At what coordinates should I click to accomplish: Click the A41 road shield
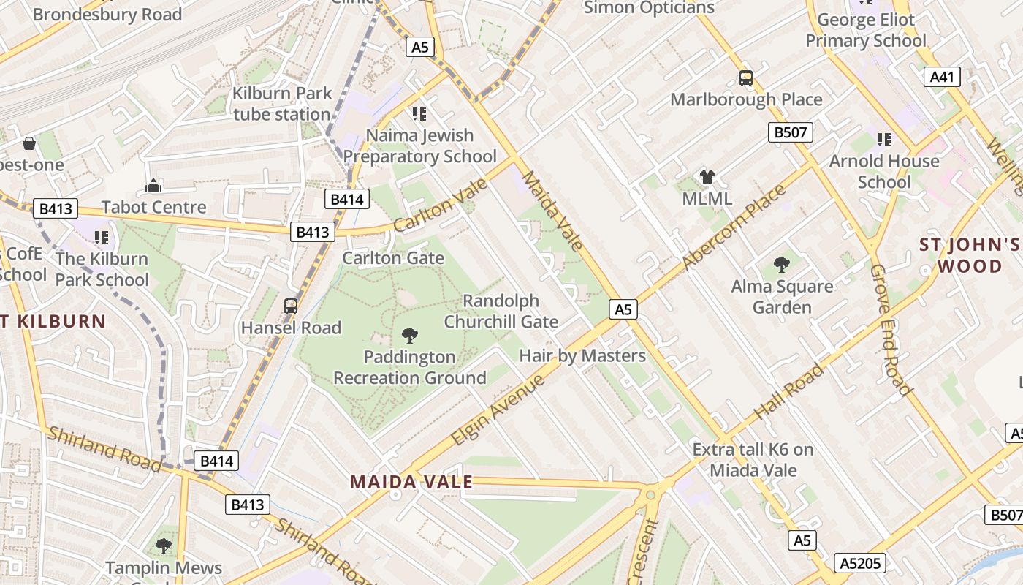tap(942, 77)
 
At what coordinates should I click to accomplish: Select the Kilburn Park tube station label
tap(282, 104)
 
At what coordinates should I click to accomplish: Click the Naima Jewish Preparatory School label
tap(420, 146)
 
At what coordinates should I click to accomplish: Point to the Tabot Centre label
tap(153, 207)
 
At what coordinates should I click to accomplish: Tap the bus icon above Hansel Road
tap(291, 306)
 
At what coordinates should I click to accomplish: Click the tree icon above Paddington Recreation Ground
tap(410, 336)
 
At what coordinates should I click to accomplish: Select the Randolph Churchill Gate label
tap(501, 312)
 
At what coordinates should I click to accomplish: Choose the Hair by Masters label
tap(582, 356)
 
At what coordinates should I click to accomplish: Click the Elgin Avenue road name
tap(498, 410)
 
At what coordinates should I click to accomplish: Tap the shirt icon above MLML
tap(707, 176)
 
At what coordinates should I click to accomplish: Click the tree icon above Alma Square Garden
tap(782, 264)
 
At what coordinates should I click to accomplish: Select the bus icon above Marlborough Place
tap(746, 78)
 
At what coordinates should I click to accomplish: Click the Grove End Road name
tap(891, 329)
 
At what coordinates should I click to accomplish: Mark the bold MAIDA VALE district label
tap(411, 482)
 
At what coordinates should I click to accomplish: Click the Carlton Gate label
tap(393, 258)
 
